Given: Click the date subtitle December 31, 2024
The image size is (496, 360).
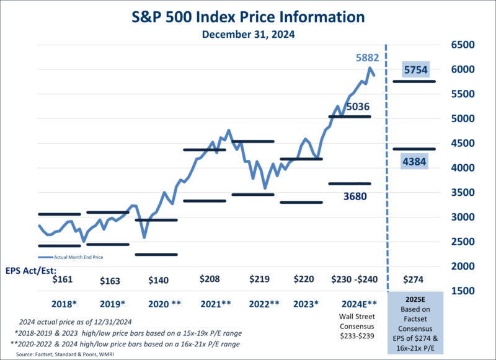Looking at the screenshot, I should [247, 35].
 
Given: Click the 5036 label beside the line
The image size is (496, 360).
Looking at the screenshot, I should [357, 107].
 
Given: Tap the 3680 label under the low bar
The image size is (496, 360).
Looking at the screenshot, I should [355, 196].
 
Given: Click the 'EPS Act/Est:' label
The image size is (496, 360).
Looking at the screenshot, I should [32, 269].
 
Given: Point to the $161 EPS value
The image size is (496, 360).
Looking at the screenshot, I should [63, 279].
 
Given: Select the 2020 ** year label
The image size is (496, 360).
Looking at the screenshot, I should [164, 304].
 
